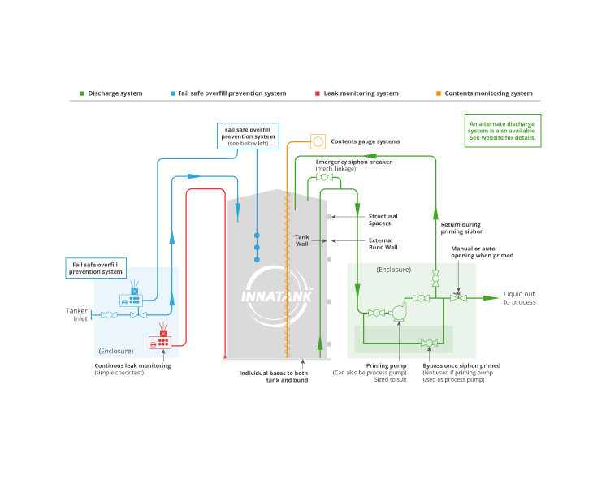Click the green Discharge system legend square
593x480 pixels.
82,93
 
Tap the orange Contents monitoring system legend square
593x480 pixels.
439,93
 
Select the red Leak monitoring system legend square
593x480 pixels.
318,93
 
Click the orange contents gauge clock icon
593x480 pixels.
318,141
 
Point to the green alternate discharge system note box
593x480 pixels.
503,131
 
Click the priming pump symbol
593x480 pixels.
399,313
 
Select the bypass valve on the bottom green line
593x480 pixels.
429,343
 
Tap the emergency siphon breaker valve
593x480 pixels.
324,177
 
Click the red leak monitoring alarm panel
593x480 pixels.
160,342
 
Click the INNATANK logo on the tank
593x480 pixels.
277,296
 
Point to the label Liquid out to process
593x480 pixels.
519,298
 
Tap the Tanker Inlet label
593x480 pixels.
77,314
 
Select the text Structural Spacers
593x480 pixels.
383,220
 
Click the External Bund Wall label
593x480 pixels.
383,244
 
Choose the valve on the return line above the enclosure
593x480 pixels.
435,278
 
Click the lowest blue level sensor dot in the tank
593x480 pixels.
257,260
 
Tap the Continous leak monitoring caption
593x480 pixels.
132,365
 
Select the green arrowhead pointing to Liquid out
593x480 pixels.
491,298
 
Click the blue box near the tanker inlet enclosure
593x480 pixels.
96,268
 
